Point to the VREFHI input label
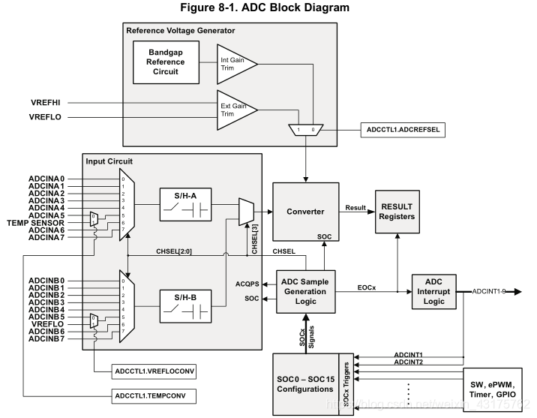coord(46,102)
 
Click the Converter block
coord(305,211)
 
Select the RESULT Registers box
coord(397,212)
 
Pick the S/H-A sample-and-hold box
coord(185,203)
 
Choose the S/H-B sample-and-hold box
coord(185,304)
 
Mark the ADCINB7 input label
coord(46,339)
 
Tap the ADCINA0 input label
coord(46,178)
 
